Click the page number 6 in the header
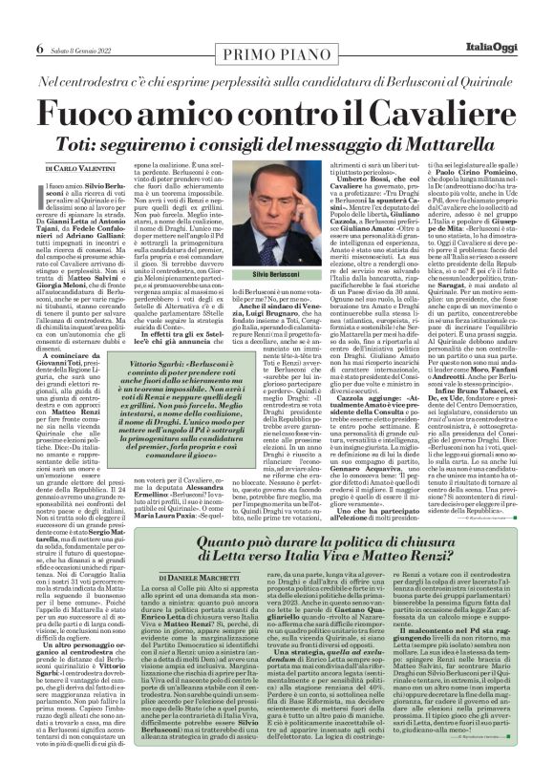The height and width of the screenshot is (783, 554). click(40, 22)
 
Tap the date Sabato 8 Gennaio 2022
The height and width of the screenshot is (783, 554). click(82, 23)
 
